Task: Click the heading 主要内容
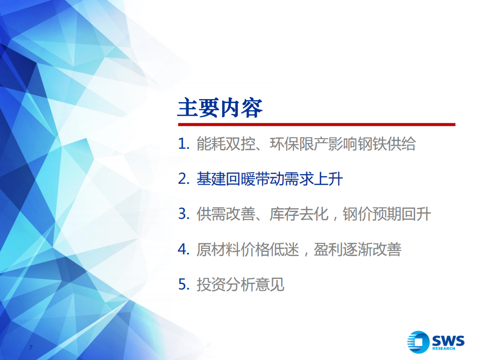tap(220, 108)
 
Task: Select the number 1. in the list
tap(183, 145)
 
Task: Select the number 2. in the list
tap(183, 179)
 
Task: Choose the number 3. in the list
tap(183, 214)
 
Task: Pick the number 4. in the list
tap(183, 249)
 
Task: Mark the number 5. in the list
tap(183, 284)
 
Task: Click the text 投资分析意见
tap(240, 284)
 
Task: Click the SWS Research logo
tap(435, 342)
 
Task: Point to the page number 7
tap(31, 348)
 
